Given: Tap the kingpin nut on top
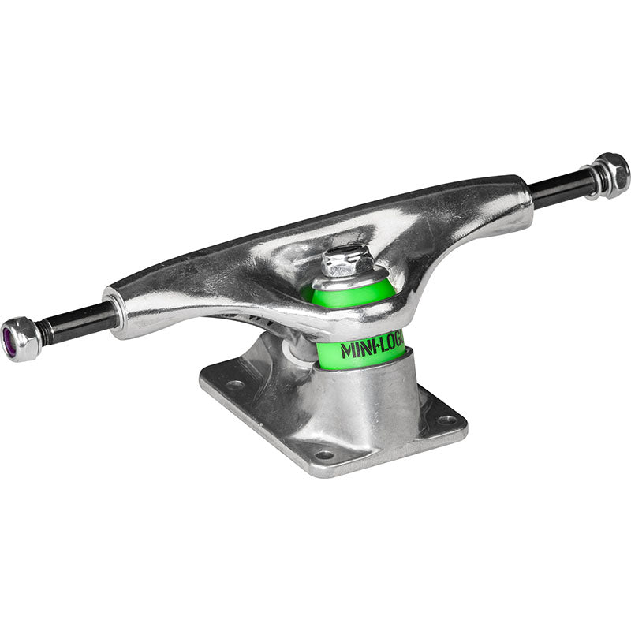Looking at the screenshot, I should (x=348, y=260).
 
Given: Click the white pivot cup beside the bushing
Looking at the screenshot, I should (x=299, y=348).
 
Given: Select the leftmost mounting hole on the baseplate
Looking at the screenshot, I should (x=235, y=386).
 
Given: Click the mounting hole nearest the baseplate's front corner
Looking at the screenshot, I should (x=323, y=455).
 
